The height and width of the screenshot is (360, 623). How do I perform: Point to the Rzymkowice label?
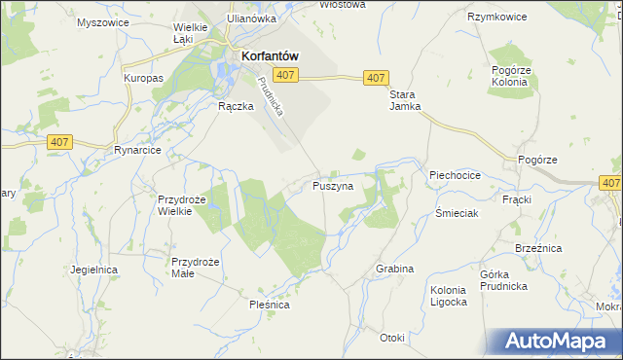coord(496,18)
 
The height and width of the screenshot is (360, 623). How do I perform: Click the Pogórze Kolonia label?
coord(509,77)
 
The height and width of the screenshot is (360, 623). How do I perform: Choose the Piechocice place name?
coord(456,175)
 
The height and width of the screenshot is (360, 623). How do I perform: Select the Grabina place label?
coord(395,269)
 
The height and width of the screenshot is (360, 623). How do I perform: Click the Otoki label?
coord(392,338)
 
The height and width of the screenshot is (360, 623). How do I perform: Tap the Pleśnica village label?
coord(269,305)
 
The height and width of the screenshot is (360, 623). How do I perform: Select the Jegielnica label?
coord(94,269)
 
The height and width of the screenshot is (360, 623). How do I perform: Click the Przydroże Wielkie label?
coord(183,205)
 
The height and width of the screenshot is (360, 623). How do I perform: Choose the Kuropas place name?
coord(142,77)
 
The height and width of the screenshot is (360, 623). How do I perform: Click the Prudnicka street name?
coord(272,97)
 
